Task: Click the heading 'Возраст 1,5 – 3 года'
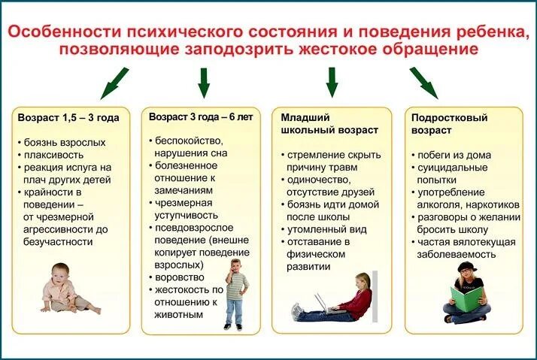tap(68, 118)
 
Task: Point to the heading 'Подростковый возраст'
tap(450, 124)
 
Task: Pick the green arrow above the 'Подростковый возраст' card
tap(423, 81)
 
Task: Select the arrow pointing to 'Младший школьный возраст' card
tap(332, 81)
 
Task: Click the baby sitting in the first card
tap(65, 289)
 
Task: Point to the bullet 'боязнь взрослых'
tap(63, 142)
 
